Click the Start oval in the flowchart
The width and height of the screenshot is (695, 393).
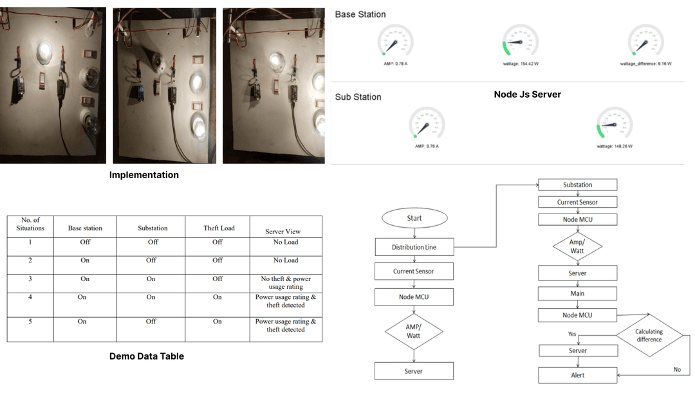(414, 218)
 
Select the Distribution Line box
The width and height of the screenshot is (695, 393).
(414, 247)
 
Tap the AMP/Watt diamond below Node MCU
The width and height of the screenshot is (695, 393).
(414, 332)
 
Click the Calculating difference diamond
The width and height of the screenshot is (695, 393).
(648, 335)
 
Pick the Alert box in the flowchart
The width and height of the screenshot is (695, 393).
(577, 375)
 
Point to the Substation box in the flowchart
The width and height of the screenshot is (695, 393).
(577, 185)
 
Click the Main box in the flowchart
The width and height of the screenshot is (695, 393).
(577, 293)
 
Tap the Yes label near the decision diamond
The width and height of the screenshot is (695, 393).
(572, 334)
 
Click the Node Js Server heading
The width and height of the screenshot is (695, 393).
(527, 95)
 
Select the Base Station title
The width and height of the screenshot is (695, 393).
(360, 14)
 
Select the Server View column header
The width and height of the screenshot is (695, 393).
(283, 232)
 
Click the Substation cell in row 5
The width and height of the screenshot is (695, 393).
(152, 321)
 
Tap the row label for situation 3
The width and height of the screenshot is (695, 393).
(30, 279)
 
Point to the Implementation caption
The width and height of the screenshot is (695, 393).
(144, 175)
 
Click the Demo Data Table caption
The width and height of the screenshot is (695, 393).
(146, 356)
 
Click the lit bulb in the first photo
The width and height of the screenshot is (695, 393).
(43, 51)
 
